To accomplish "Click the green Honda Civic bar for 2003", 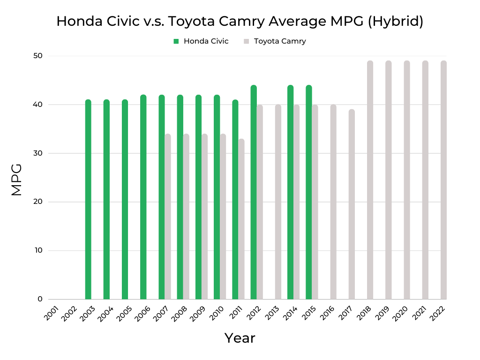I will (x=88, y=199).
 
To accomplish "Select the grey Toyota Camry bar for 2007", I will (x=168, y=217).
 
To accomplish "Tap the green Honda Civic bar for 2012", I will (x=254, y=192).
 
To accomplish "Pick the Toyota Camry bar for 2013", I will (x=278, y=202).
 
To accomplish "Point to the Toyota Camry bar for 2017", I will (x=352, y=204).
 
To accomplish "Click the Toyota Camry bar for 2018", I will (x=370, y=180).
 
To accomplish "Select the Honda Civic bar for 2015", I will (x=309, y=192).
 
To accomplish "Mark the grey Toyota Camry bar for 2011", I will (x=241, y=219).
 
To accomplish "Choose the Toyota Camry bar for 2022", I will (x=443, y=180).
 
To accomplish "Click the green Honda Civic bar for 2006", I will (x=143, y=197).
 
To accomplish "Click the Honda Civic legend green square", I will (x=176, y=41).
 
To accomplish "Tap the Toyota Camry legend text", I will (x=280, y=41).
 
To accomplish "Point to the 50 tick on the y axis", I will (x=38, y=56).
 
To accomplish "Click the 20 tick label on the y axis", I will (x=38, y=202).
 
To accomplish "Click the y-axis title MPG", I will (x=16, y=180).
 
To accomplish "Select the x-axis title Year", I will (x=240, y=338).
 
